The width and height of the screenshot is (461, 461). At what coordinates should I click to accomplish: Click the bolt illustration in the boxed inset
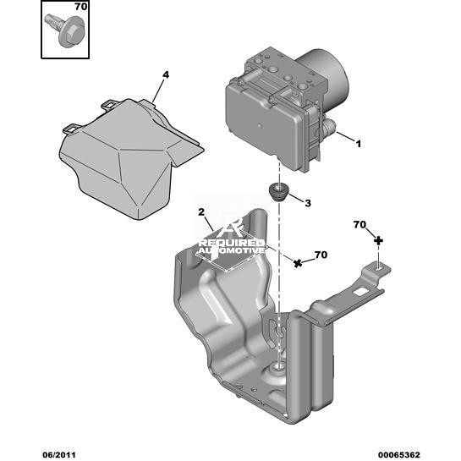coord(66,30)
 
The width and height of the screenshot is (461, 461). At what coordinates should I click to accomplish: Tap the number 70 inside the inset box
coord(80,7)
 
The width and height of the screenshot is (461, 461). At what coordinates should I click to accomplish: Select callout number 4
coord(166,75)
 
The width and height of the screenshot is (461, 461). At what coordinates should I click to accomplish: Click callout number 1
coord(358,144)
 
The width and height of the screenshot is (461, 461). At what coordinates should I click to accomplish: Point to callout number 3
coord(308,203)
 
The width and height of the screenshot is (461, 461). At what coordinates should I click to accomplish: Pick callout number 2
coord(201,212)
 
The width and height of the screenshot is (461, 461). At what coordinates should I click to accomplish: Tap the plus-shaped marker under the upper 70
coord(378,241)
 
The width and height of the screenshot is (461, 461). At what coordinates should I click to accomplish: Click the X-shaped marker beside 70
coord(298,263)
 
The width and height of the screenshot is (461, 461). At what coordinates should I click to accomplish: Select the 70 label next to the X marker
coord(321,255)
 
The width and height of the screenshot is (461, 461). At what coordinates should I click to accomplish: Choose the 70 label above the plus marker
coord(359,225)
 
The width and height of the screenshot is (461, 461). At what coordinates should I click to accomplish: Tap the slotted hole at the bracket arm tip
coord(378,268)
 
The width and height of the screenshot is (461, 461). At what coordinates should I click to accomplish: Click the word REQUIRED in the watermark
coord(232,243)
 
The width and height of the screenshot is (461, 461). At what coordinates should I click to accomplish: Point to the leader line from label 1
coord(346,137)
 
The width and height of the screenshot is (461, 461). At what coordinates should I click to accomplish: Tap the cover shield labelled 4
coord(129,159)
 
